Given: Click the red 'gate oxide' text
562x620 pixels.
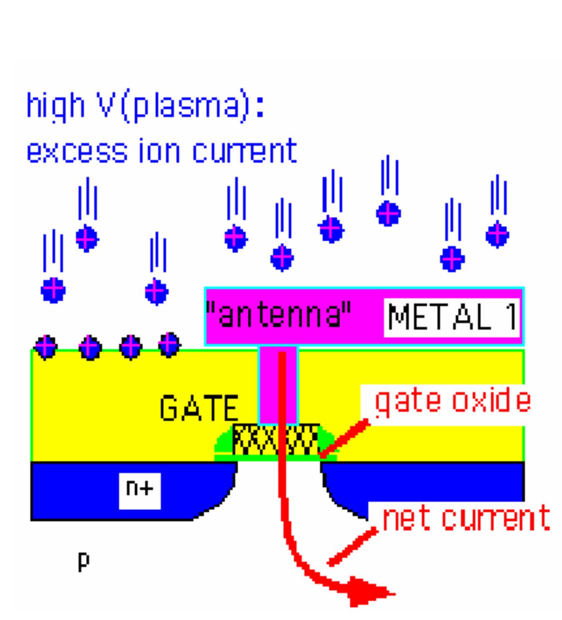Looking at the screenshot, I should (453, 401).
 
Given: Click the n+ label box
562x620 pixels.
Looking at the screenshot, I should (139, 490).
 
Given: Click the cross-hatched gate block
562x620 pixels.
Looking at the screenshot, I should (275, 440).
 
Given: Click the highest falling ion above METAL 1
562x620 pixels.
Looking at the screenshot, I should (388, 213).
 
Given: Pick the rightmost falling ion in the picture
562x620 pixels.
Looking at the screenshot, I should (497, 235).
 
